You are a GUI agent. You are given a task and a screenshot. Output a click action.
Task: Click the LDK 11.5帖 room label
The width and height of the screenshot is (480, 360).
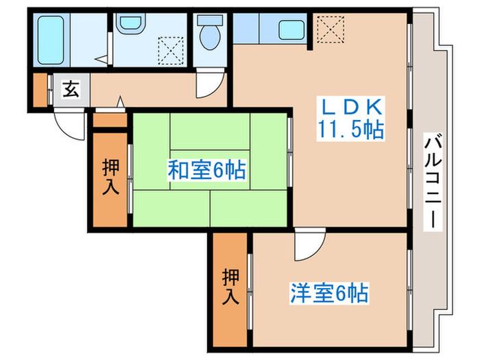coord(350,119)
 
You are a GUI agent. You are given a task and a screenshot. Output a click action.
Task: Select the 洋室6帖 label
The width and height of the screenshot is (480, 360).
coord(329,293)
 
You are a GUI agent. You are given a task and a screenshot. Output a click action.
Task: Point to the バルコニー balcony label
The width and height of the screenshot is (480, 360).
coord(433,182)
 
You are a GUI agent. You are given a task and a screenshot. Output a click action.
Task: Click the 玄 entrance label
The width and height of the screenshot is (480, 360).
coord(71,89)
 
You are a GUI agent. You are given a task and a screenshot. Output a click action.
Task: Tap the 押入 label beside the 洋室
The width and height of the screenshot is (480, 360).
coord(230,287)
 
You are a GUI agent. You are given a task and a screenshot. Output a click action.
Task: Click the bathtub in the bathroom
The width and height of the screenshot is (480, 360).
coord(51,40)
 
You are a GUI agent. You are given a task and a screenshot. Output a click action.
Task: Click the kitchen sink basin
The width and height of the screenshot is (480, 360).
coord(291,30)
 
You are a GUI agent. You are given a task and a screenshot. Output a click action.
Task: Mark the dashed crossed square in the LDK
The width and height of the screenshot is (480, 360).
coord(331,29)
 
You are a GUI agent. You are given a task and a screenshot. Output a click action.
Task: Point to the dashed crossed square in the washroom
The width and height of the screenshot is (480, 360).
coord(171,51)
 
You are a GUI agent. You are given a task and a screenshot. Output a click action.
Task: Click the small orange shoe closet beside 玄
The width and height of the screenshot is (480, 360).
coord(40,90)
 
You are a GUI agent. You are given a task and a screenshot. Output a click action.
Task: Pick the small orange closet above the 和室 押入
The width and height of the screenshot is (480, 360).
coord(110,120)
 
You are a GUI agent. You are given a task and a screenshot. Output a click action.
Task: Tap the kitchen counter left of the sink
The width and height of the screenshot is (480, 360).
coord(246,28)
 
